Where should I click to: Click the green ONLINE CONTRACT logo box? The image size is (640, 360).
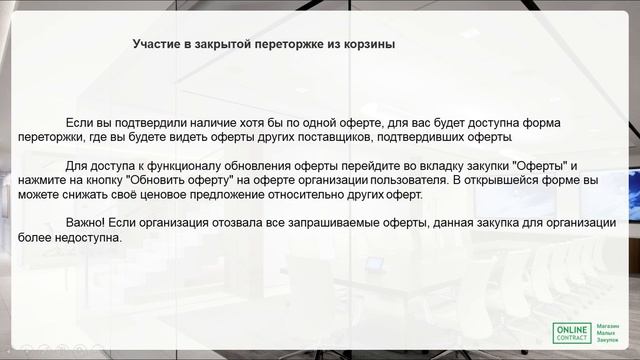(571, 334)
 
